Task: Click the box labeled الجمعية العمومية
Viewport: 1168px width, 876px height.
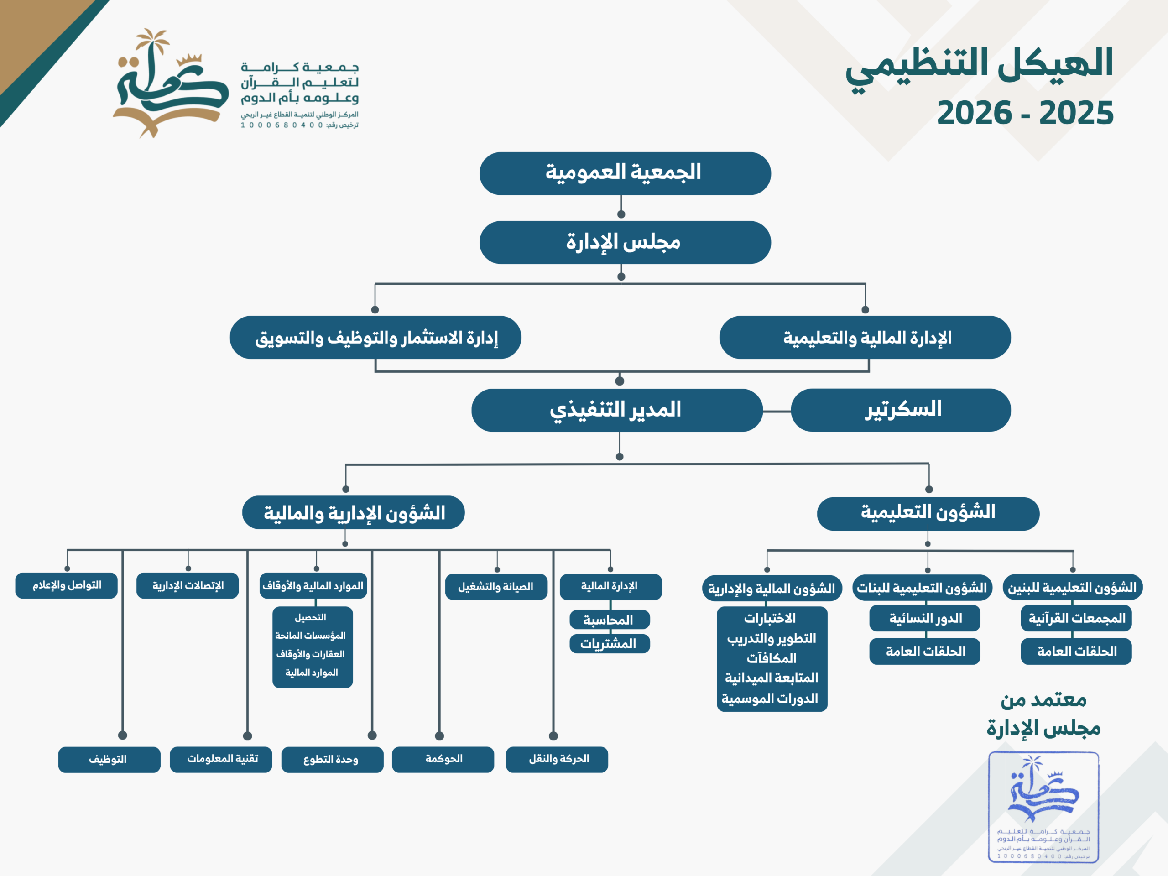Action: tap(625, 174)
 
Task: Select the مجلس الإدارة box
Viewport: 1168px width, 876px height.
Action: tap(625, 242)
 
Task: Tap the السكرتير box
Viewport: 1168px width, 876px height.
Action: tap(901, 410)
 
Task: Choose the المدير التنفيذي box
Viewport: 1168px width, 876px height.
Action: tap(617, 410)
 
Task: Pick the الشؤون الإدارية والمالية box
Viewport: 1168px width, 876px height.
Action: tap(353, 512)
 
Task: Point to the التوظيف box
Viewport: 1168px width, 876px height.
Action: tap(109, 759)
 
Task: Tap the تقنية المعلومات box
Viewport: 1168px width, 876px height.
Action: tap(221, 759)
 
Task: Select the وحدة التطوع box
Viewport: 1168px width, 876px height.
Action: tap(332, 759)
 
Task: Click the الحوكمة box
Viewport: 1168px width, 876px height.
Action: tap(443, 759)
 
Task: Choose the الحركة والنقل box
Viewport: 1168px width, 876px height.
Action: tap(557, 759)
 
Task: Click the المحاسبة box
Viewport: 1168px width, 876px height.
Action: tap(610, 620)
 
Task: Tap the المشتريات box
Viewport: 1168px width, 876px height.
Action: tap(610, 644)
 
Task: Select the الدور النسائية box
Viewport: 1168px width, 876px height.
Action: tap(924, 618)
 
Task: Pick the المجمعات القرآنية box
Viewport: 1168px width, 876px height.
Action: tap(1076, 618)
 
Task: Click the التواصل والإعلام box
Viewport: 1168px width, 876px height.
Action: tap(67, 585)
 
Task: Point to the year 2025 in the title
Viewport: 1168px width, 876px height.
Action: tap(1076, 113)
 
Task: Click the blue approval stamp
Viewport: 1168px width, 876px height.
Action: tap(1043, 807)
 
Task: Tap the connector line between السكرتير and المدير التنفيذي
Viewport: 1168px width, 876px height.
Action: tap(777, 411)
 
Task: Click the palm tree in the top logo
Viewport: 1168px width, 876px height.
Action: tap(152, 45)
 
